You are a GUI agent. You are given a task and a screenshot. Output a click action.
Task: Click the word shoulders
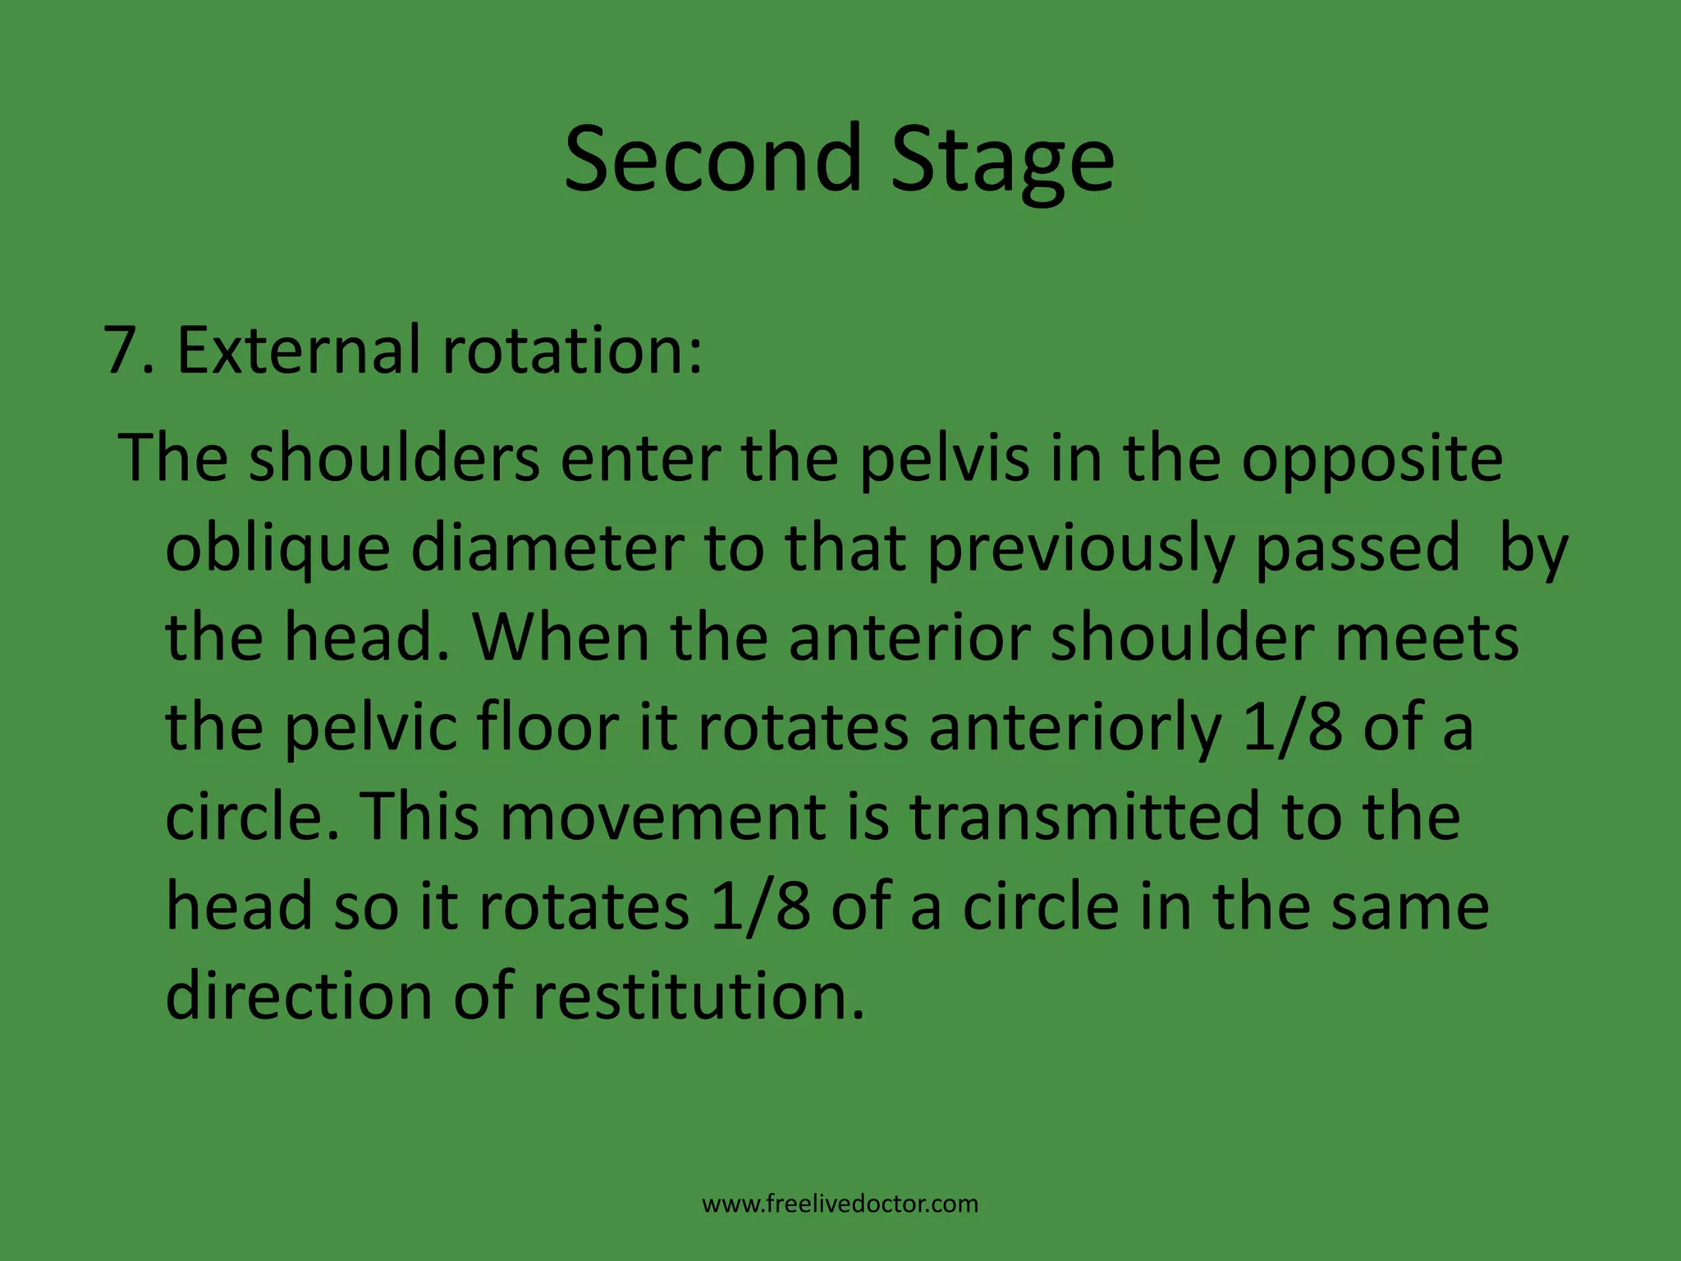(x=395, y=458)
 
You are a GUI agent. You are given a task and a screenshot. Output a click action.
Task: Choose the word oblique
(x=277, y=549)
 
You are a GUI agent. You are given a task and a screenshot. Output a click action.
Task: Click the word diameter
(x=547, y=548)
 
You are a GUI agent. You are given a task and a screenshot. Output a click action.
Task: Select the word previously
(x=1081, y=549)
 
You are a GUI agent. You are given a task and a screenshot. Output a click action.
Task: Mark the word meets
(x=1427, y=639)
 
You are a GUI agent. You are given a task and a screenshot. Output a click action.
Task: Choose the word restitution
(x=698, y=995)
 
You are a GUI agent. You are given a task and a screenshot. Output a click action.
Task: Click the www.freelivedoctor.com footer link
(x=840, y=1204)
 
